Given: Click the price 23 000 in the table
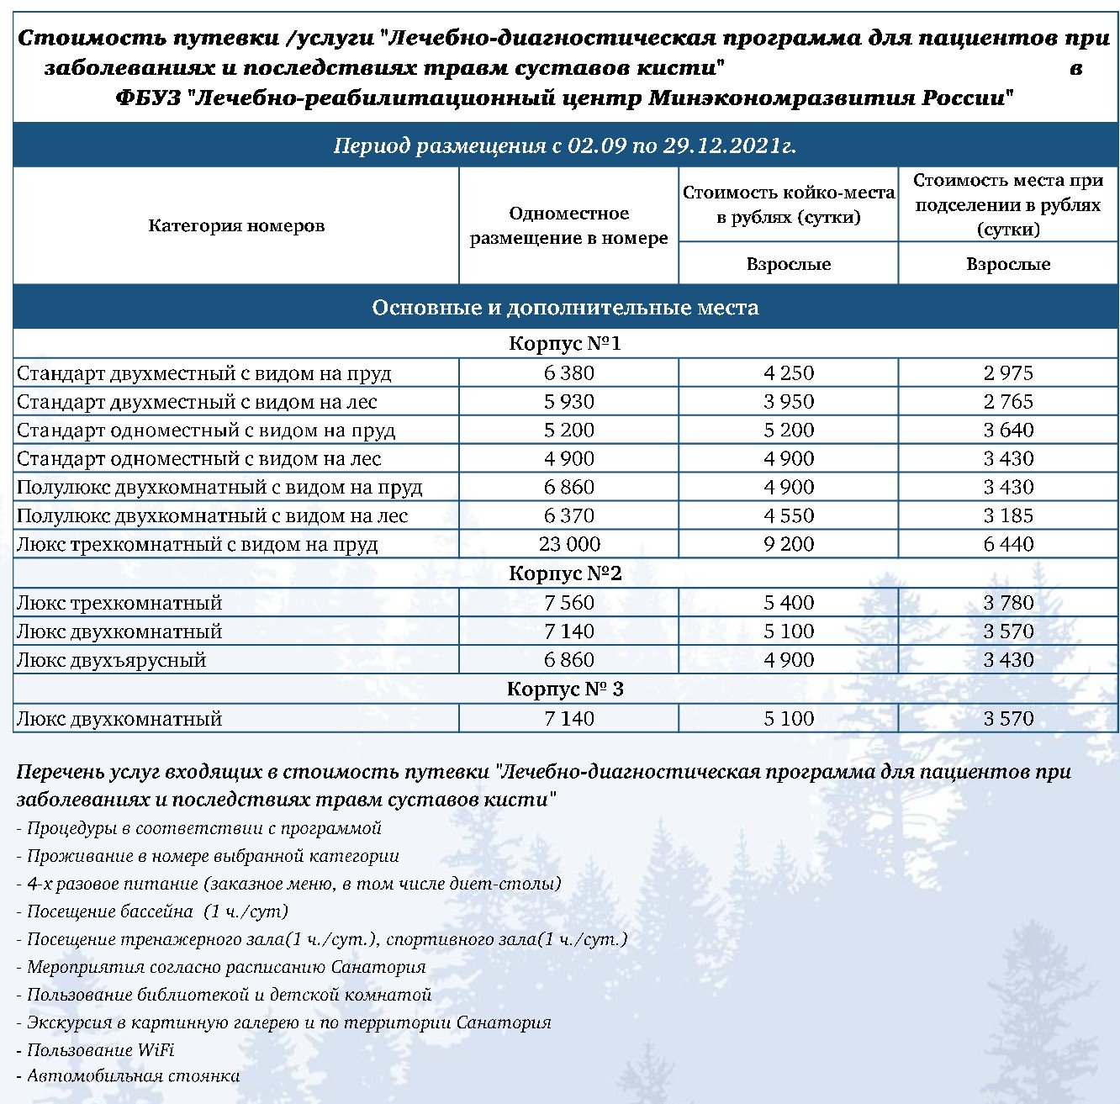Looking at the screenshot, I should (569, 544).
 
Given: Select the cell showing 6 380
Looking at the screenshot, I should (569, 372).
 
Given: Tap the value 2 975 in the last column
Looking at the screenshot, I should (1008, 372).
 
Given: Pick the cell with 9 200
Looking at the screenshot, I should (789, 544).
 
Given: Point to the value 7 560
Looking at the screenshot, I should (569, 602).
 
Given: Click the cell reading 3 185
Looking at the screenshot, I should (1008, 515).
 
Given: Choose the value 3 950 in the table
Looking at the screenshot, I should (789, 401).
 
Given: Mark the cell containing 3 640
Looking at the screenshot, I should (1008, 430).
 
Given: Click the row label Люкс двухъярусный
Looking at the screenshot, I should (112, 659).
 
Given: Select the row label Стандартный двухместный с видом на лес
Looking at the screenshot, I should (197, 401).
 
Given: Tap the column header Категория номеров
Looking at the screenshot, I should (236, 225).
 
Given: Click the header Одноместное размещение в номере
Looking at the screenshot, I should (569, 225).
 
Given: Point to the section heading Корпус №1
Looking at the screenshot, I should (565, 344).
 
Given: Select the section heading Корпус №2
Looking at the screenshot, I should (565, 573).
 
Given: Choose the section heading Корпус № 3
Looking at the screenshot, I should (565, 689).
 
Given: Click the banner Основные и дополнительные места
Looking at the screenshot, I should (565, 308).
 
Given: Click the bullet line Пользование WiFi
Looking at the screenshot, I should (100, 1049).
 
